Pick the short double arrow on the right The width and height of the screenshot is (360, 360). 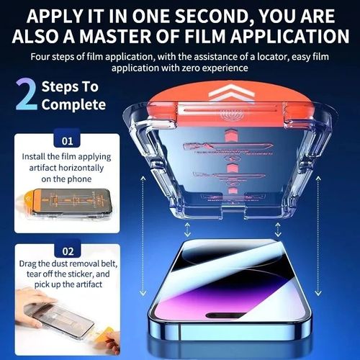click(276, 230)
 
